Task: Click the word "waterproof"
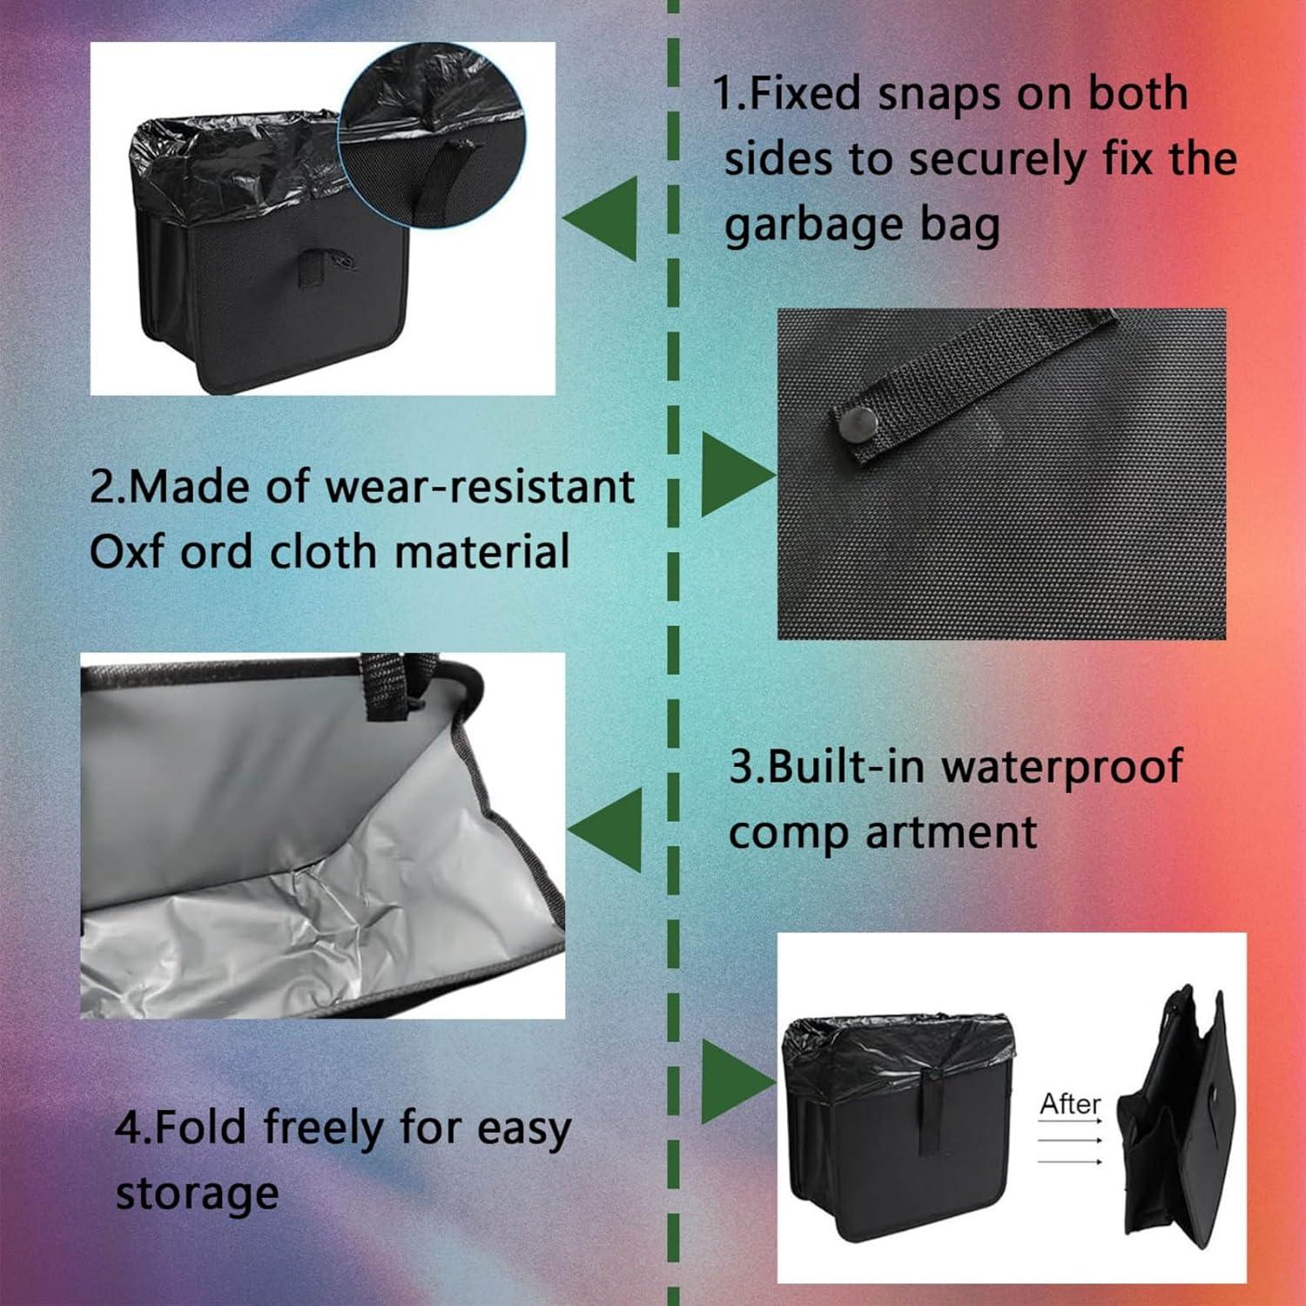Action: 1061,767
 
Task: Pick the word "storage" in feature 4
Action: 197,1194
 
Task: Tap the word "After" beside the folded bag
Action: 1070,1104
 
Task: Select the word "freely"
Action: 323,1128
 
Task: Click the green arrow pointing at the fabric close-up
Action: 736,475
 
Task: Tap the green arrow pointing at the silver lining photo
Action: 608,829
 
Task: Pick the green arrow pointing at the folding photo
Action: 736,1082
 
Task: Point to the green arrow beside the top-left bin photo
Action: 603,218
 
